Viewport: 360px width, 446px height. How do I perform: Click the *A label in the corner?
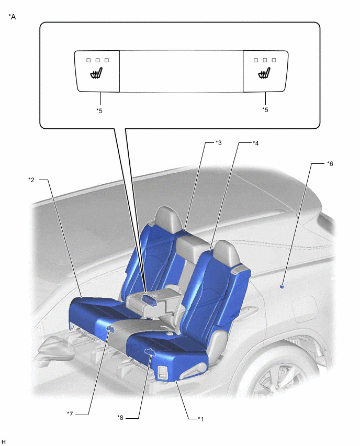point(12,17)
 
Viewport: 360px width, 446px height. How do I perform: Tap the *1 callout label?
point(201,419)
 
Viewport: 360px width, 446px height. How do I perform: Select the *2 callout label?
point(31,180)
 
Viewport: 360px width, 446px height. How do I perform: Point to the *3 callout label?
point(218,143)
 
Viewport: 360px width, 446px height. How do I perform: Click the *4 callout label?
point(256,143)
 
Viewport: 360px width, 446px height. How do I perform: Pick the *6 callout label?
point(330,163)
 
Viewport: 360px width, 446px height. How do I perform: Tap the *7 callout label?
point(70,414)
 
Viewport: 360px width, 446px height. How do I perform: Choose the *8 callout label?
point(120,418)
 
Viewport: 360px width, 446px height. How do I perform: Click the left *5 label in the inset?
point(99,110)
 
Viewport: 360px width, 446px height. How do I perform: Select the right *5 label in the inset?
point(265,110)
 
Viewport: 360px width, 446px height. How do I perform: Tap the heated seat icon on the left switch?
point(97,73)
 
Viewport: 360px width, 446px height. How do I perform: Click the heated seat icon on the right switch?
point(264,73)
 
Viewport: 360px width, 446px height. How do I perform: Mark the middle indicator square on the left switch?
point(97,60)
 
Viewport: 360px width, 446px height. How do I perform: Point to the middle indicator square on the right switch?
point(265,60)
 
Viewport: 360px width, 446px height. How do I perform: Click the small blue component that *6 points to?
point(282,286)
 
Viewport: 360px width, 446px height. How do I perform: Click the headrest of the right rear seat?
point(227,253)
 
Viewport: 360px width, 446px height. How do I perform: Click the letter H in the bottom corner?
point(4,441)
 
